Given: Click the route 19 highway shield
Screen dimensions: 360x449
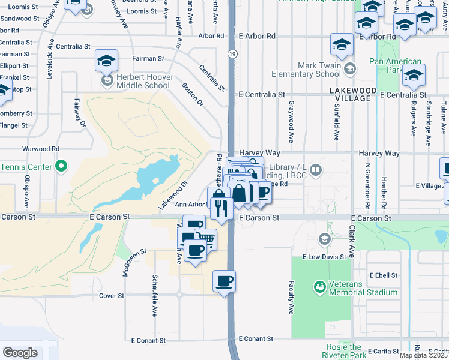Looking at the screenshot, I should (231, 53).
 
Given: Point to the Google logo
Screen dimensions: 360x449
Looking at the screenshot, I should (20, 352).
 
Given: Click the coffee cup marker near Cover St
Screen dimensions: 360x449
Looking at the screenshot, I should (224, 281).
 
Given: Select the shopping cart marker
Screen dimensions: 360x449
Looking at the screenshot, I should (206, 238).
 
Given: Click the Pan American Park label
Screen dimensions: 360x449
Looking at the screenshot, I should (395, 65).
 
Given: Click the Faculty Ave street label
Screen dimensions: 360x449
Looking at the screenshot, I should (291, 298).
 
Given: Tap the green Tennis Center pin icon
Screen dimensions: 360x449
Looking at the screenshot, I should (61, 166).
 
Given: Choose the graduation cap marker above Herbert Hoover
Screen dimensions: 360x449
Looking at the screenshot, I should (106, 60).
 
